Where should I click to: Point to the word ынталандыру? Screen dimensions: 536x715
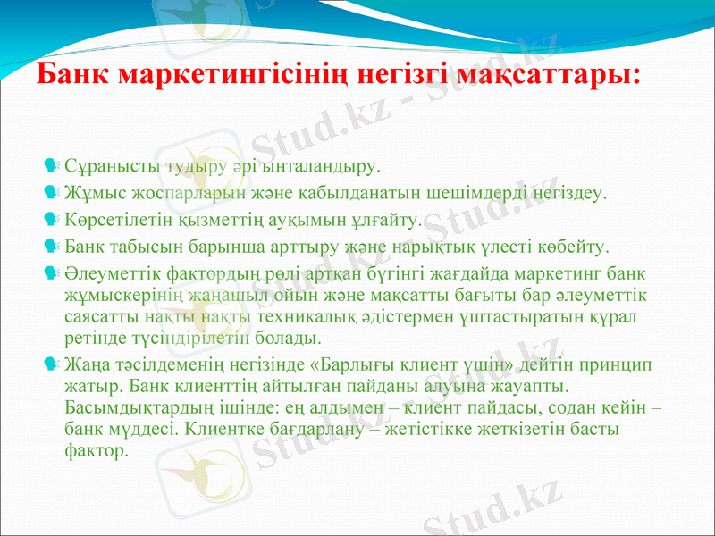(321, 166)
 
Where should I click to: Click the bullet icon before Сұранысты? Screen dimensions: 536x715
(51, 165)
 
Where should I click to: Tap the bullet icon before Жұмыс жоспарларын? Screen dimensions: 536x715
(51, 191)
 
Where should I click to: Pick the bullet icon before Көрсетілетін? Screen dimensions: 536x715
(51, 217)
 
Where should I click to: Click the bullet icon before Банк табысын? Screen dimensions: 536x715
(51, 243)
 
